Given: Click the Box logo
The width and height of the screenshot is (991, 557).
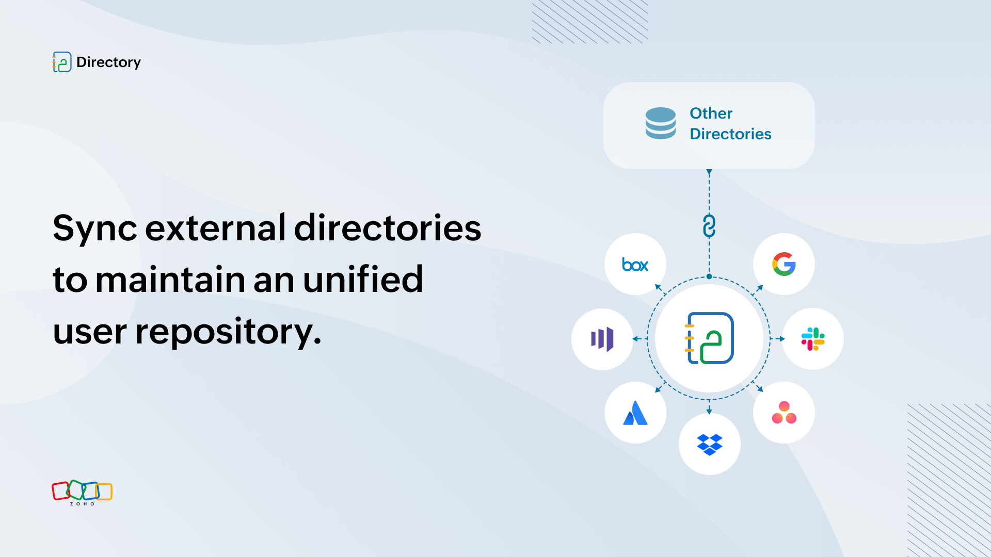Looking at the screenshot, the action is [x=635, y=265].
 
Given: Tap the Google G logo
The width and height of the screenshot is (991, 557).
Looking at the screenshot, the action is [x=784, y=264].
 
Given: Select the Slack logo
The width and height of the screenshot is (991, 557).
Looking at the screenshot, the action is [x=813, y=339].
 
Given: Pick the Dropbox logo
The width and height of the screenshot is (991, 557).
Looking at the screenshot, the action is [x=710, y=445].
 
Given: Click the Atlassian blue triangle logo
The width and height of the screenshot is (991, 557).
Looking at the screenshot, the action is [x=635, y=413].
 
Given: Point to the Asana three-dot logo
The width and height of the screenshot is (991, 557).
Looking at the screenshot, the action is [x=784, y=413].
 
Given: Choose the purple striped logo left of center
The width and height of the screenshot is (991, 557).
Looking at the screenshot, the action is [x=602, y=339].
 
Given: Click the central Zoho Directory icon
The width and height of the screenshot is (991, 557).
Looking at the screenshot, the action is [x=710, y=338].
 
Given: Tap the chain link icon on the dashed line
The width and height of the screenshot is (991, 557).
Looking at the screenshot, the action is [x=709, y=226].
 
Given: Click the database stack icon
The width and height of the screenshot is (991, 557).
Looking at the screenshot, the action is [x=661, y=123].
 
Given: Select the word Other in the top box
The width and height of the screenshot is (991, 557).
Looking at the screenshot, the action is [x=711, y=113].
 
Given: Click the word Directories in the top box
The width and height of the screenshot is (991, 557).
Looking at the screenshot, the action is [x=730, y=134].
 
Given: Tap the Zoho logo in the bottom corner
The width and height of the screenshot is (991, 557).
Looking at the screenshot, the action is [x=82, y=493].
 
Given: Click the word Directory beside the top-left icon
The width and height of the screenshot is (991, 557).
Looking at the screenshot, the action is [x=108, y=62].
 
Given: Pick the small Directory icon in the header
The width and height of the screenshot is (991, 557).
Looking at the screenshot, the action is [x=62, y=62].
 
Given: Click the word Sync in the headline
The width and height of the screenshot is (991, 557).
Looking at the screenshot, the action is [x=95, y=228].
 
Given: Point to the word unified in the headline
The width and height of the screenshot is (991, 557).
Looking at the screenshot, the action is [x=363, y=279].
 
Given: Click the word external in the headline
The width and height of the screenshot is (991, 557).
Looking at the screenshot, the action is [x=215, y=227].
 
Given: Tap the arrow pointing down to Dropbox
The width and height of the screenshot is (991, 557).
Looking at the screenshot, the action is [x=709, y=407].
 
